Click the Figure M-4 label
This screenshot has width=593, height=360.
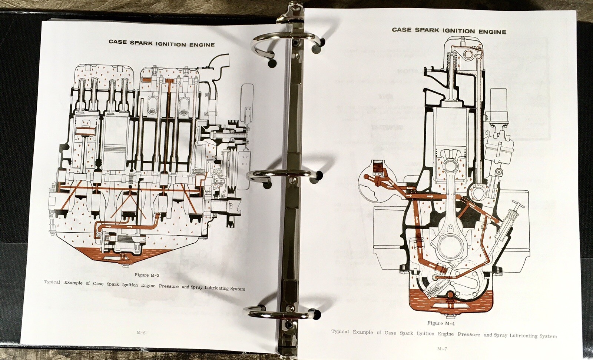pyautogui.click(x=441, y=323)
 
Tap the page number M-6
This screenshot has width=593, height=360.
pyautogui.click(x=141, y=333)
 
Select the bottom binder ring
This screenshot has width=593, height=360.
pyautogui.click(x=284, y=313)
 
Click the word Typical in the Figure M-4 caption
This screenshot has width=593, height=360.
pyautogui.click(x=340, y=331)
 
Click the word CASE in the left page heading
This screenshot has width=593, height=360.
pyautogui.click(x=118, y=42)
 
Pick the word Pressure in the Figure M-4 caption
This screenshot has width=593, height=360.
pyautogui.click(x=468, y=334)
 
